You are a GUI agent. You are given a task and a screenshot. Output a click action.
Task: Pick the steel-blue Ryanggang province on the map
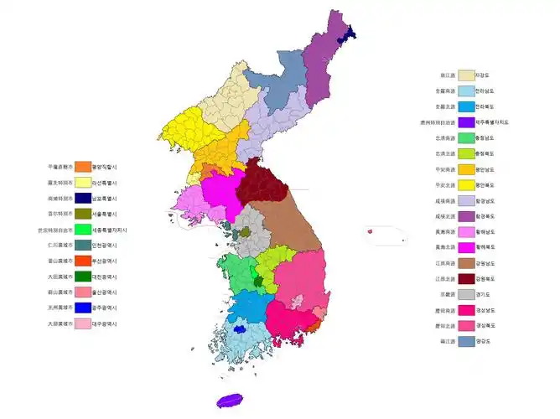pyautogui.click(x=281, y=84)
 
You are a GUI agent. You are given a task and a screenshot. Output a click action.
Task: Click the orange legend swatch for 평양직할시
pyautogui.click(x=82, y=166)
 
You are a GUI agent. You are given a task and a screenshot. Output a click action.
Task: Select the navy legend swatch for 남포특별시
pyautogui.click(x=82, y=198)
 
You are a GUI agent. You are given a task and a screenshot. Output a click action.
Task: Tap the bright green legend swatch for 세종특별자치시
pyautogui.click(x=82, y=229)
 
